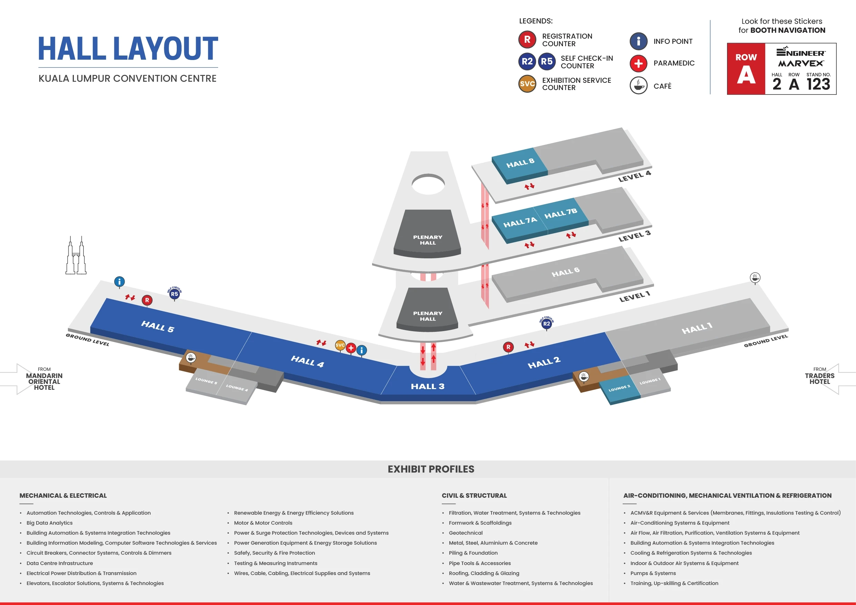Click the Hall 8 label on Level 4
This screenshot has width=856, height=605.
(x=520, y=163)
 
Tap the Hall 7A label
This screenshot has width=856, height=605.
(x=520, y=222)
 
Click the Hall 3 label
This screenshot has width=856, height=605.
(x=427, y=386)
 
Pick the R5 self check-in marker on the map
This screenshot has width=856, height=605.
(x=174, y=294)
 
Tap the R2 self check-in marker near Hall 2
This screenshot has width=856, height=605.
(x=546, y=324)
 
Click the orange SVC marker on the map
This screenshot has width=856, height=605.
(x=340, y=345)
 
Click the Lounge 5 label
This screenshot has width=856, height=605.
(x=206, y=381)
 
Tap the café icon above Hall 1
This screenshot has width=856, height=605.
(x=755, y=278)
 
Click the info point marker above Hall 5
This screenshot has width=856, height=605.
(x=119, y=282)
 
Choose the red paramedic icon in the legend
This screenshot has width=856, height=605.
(x=638, y=63)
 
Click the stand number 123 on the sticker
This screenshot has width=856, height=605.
(x=818, y=85)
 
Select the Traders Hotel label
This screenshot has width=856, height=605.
(x=819, y=378)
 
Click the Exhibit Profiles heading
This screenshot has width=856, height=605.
(x=431, y=469)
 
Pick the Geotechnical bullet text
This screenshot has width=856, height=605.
(x=466, y=533)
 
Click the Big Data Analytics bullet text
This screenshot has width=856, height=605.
(x=50, y=523)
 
